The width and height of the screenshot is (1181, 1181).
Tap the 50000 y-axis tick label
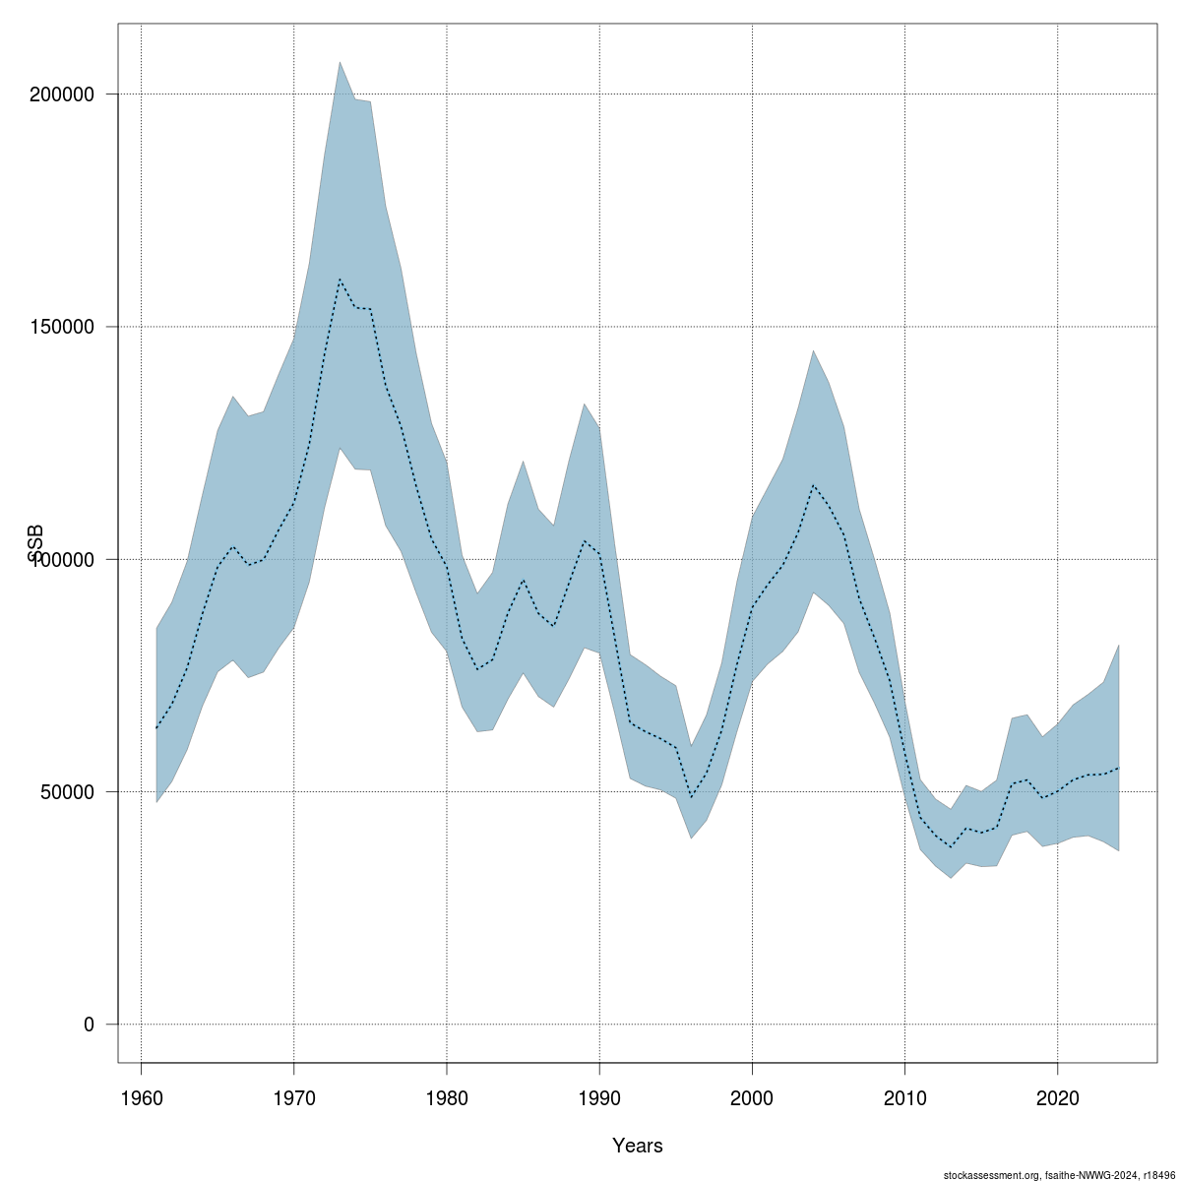click(68, 791)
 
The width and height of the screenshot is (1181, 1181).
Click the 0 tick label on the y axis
click(89, 1024)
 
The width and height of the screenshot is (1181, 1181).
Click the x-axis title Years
click(637, 1146)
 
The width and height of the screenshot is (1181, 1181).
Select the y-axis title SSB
click(36, 543)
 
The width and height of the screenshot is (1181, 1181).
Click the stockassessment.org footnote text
click(1058, 1174)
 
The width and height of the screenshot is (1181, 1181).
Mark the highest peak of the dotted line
click(340, 279)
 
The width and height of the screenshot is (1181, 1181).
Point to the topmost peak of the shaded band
click(340, 61)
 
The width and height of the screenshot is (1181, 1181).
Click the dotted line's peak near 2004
click(813, 485)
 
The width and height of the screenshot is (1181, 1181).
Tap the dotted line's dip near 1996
click(691, 797)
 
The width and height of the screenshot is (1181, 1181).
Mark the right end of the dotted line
click(1119, 767)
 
